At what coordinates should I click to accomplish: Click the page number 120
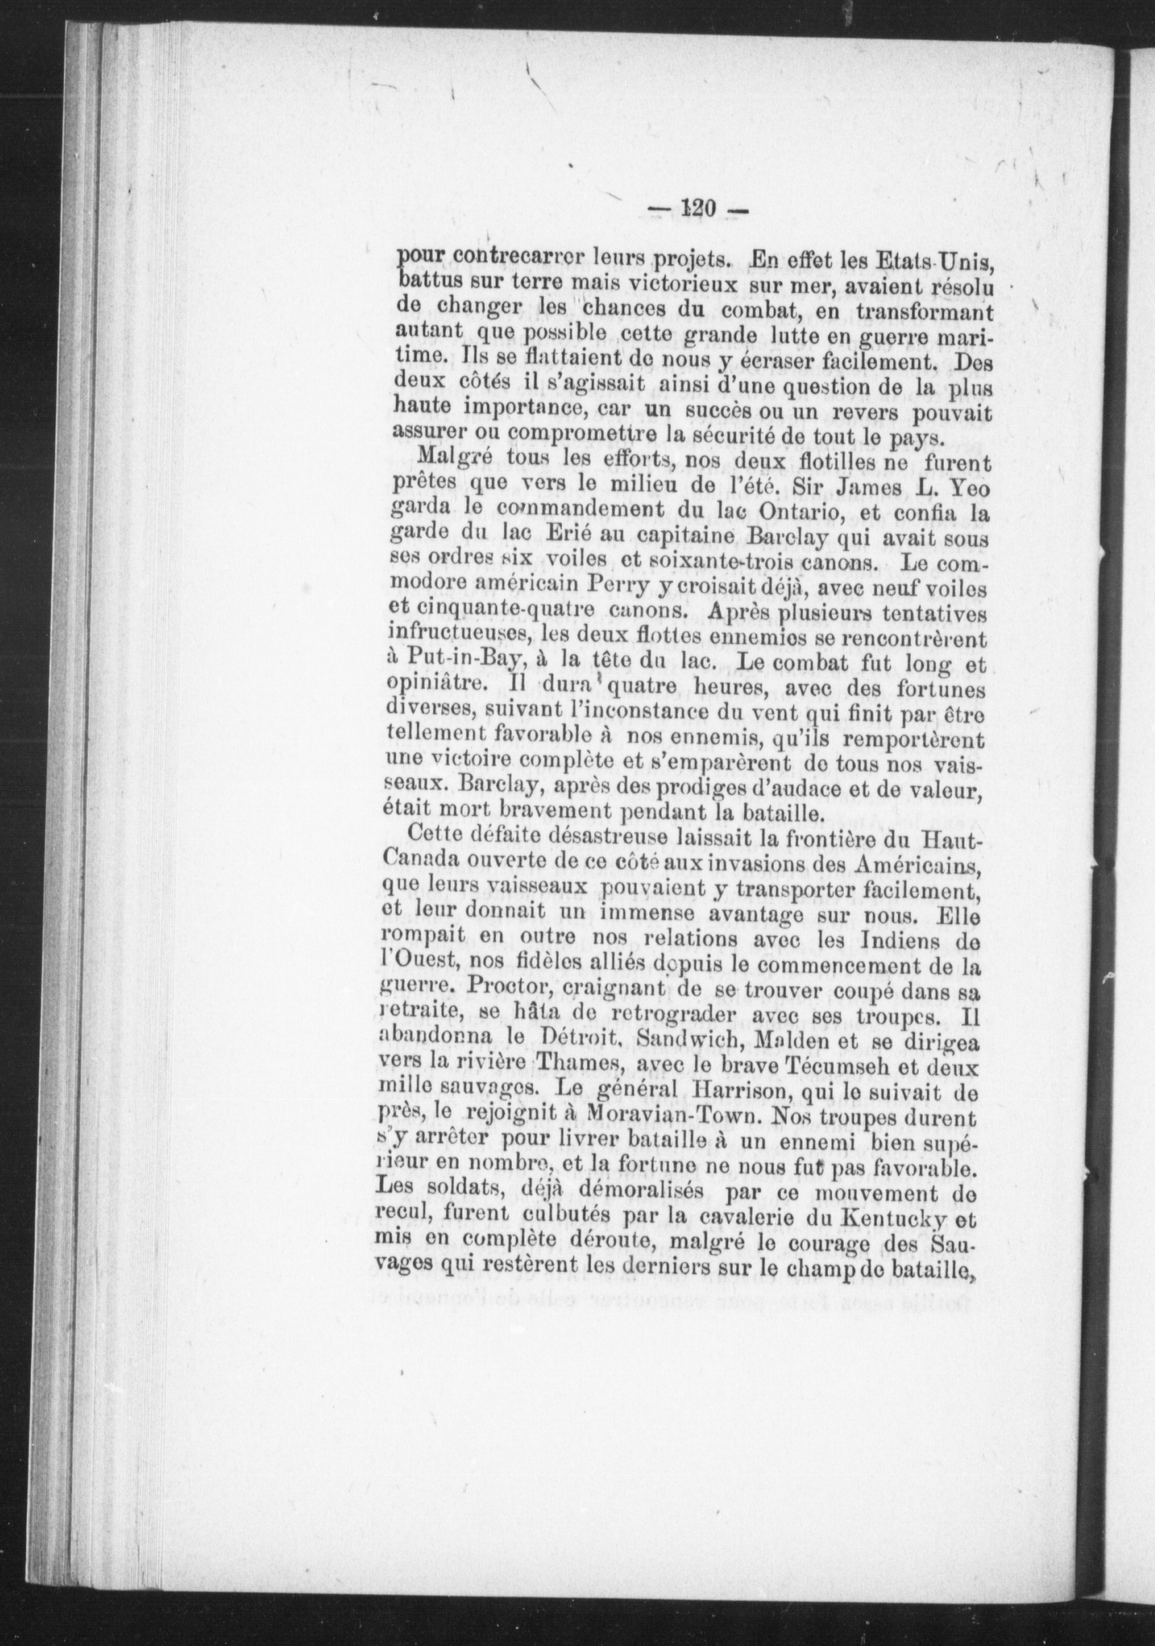(693, 209)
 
